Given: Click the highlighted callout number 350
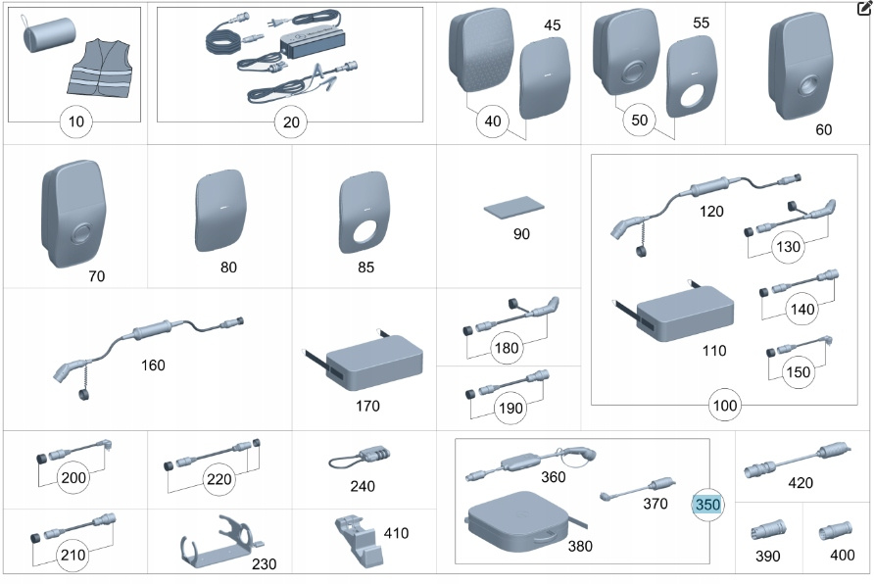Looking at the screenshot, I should pyautogui.click(x=706, y=505).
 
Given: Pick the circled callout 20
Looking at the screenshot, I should pyautogui.click(x=291, y=122).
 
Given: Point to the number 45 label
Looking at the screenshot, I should pyautogui.click(x=553, y=25).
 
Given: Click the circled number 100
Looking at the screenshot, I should pyautogui.click(x=726, y=404).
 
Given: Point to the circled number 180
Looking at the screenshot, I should pyautogui.click(x=508, y=347).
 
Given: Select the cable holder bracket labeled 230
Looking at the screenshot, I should pyautogui.click(x=218, y=544).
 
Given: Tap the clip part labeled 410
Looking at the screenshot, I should pyautogui.click(x=357, y=540).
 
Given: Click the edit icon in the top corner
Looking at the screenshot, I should pyautogui.click(x=863, y=9).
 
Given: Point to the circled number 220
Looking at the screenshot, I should pyautogui.click(x=219, y=479).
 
